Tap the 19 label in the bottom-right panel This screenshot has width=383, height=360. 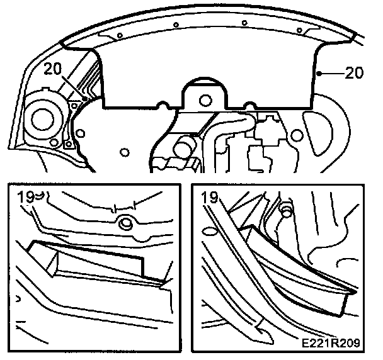[x=210, y=198]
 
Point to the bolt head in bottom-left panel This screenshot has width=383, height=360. [x=124, y=221]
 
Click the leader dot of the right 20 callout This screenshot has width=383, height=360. [x=321, y=73]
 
